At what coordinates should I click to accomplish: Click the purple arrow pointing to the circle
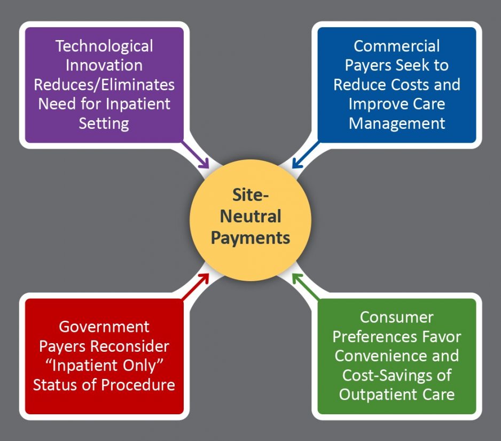point(197,156)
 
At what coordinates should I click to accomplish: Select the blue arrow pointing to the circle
point(306,156)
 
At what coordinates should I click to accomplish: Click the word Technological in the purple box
point(104,46)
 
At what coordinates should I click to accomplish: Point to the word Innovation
point(104,65)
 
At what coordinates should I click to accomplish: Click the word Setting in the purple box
point(104,123)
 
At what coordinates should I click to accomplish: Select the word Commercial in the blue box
point(396,46)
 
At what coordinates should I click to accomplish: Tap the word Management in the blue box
point(396,123)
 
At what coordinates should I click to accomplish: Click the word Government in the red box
point(104,326)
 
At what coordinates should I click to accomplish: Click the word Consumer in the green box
point(396,317)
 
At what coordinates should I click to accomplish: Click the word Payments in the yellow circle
point(250,237)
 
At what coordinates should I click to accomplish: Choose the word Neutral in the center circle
point(250,216)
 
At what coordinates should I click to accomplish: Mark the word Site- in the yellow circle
point(250,196)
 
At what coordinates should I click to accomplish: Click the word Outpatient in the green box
point(378,394)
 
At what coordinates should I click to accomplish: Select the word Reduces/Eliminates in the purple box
point(104,84)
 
